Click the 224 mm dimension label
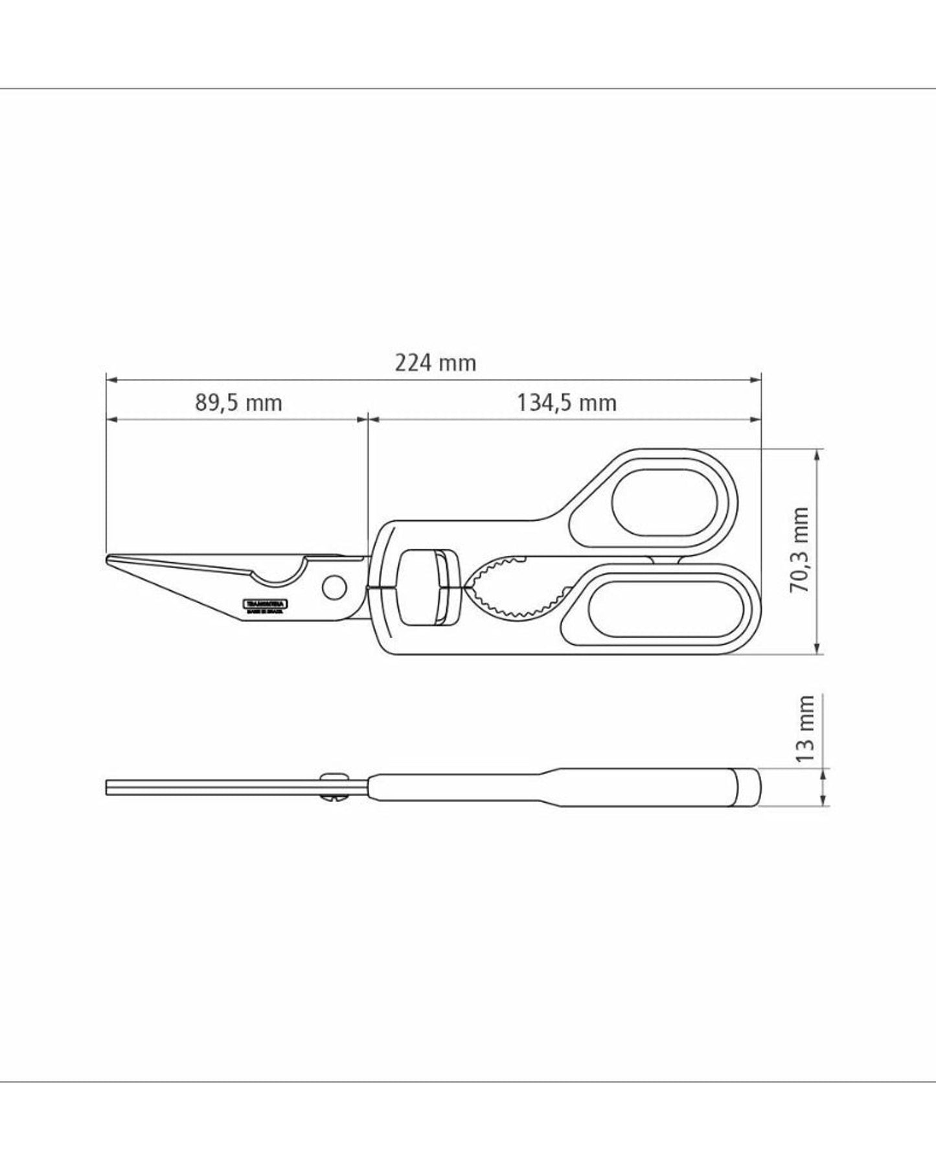coord(435,362)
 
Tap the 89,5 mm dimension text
coord(238,403)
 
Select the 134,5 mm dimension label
coord(566,403)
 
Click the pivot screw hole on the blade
coord(334,587)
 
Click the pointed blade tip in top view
coord(109,558)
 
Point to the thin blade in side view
coord(214,787)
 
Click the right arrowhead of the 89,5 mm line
coord(363,420)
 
